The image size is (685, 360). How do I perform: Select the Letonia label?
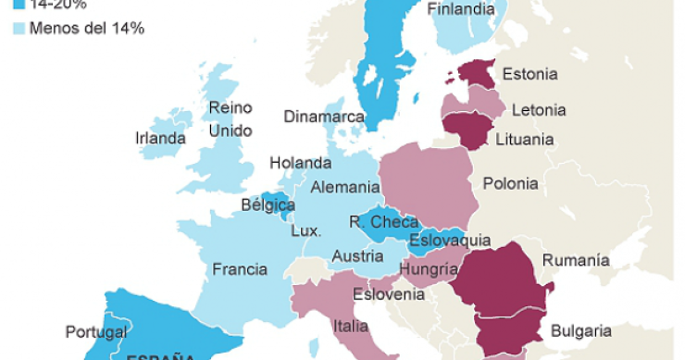point(538,109)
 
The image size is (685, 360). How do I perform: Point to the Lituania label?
point(524,140)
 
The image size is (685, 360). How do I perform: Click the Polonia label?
point(510,183)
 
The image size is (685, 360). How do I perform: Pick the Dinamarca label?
point(324,118)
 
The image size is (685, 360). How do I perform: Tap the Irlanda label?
point(160,138)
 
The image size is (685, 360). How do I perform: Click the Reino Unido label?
point(230,119)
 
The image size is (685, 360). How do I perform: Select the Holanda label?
point(300,163)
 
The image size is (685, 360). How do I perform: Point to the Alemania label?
point(344,187)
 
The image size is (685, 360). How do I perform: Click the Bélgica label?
point(268,205)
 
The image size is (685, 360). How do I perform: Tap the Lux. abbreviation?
point(305,230)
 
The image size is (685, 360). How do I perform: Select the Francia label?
point(240,270)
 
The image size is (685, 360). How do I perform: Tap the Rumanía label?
point(576,260)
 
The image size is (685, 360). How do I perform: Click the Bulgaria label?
point(580,330)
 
